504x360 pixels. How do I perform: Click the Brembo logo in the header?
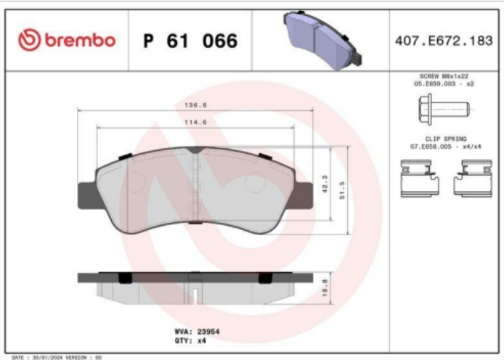[67, 40]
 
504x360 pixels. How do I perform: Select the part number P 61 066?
[190, 41]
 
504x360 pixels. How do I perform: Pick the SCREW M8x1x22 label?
[442, 76]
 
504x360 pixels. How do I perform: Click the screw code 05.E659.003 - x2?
[442, 84]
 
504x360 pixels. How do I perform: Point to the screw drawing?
[443, 110]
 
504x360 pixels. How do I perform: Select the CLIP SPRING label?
[442, 138]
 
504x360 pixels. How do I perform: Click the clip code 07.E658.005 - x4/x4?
[442, 147]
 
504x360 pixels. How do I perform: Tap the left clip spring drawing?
[420, 178]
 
